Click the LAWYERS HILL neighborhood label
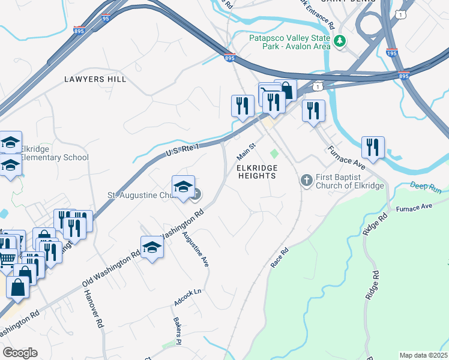tap(95, 79)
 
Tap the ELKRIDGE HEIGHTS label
tap(256, 172)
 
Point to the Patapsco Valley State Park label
tap(289, 42)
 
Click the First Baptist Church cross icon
tap(306, 180)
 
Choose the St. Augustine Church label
tap(139, 195)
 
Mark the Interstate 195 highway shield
tap(392, 53)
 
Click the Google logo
tap(20, 353)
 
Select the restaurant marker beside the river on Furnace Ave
tap(373, 147)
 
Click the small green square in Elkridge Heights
tap(274, 154)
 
